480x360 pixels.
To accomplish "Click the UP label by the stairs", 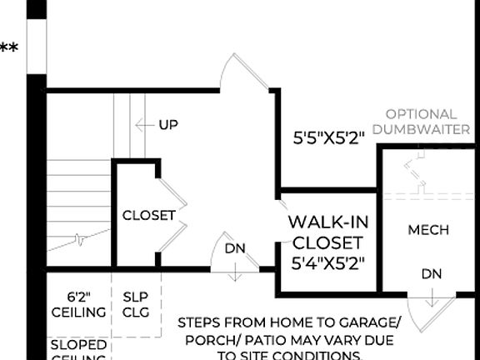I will point(167,125).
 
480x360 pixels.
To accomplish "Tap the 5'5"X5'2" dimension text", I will point(330,138).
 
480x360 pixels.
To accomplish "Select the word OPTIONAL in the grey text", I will point(421,114).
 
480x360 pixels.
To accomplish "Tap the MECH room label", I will point(428,230).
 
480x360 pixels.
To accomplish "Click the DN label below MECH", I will point(431,273).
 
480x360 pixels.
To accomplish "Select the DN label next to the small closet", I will point(234,248).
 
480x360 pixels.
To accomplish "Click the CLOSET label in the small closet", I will point(149,215).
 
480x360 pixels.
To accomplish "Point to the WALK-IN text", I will point(328,222).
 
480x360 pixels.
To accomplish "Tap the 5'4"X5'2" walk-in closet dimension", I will point(328,262).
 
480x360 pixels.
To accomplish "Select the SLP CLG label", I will point(135,304).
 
